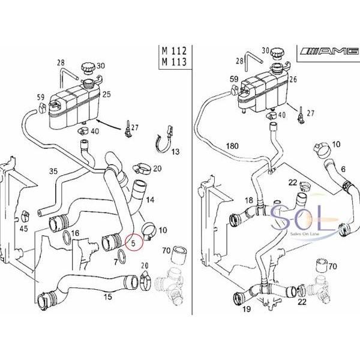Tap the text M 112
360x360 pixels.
(x=172, y=50)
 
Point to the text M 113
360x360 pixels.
(x=172, y=62)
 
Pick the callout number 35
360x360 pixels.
(x=53, y=172)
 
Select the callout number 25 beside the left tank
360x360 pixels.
(x=107, y=94)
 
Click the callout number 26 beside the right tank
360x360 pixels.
(x=293, y=79)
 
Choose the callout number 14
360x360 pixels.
(x=151, y=199)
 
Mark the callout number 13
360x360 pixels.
(x=175, y=152)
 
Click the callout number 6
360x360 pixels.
(x=343, y=170)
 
